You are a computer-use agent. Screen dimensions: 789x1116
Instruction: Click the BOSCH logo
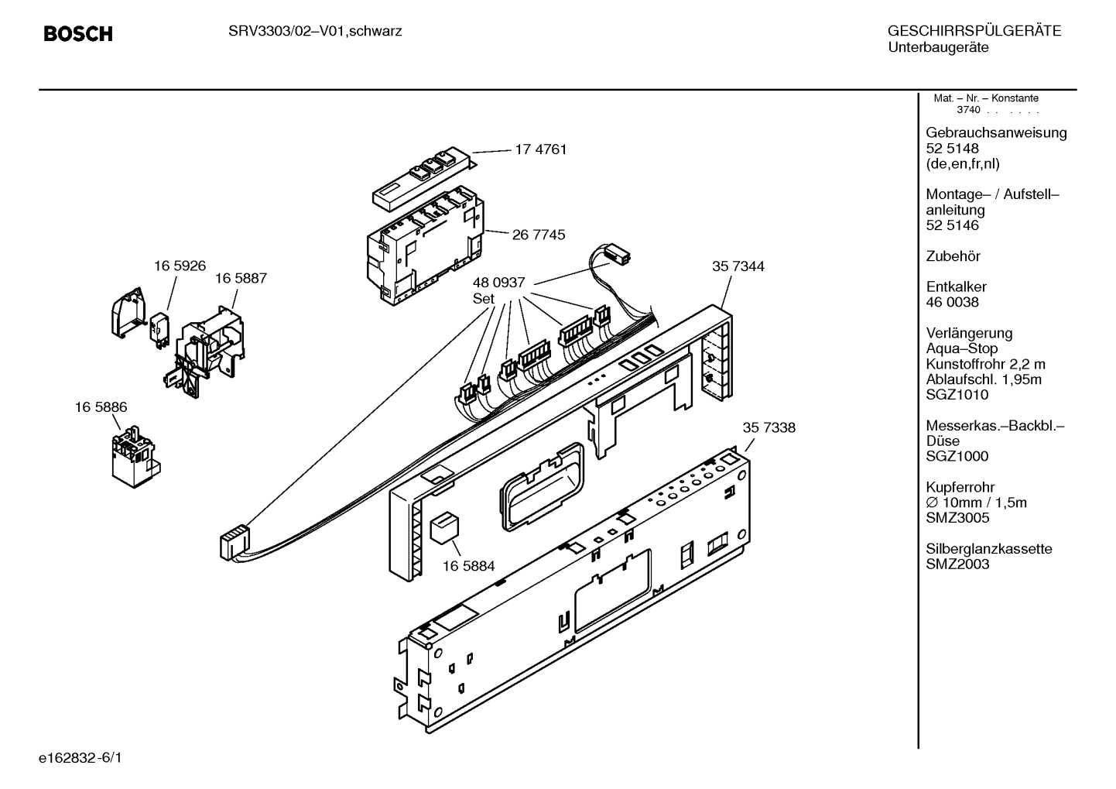point(78,33)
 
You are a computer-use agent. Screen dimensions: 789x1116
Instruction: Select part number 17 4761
point(540,149)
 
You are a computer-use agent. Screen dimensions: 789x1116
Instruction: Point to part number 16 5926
point(180,266)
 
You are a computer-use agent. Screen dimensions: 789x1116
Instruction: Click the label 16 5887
point(241,278)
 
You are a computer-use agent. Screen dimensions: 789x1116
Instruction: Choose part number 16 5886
point(101,407)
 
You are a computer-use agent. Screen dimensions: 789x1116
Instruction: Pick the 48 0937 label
point(499,283)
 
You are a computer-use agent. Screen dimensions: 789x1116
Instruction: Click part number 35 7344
point(738,266)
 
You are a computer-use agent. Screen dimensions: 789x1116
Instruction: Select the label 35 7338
point(769,427)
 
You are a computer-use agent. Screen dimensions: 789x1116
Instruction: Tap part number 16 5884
point(468,567)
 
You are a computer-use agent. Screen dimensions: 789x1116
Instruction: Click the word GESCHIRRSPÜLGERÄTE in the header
point(974,32)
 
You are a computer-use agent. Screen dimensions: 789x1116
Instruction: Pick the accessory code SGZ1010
point(957,395)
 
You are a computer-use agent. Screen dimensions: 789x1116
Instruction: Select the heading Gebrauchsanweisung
point(996,132)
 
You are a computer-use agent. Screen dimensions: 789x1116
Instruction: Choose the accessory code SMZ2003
point(957,564)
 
